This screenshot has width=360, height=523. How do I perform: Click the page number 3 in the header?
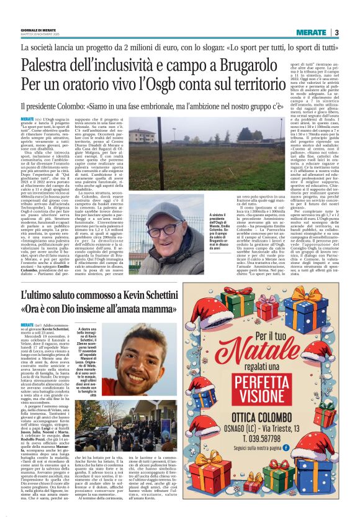click(x=336, y=32)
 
